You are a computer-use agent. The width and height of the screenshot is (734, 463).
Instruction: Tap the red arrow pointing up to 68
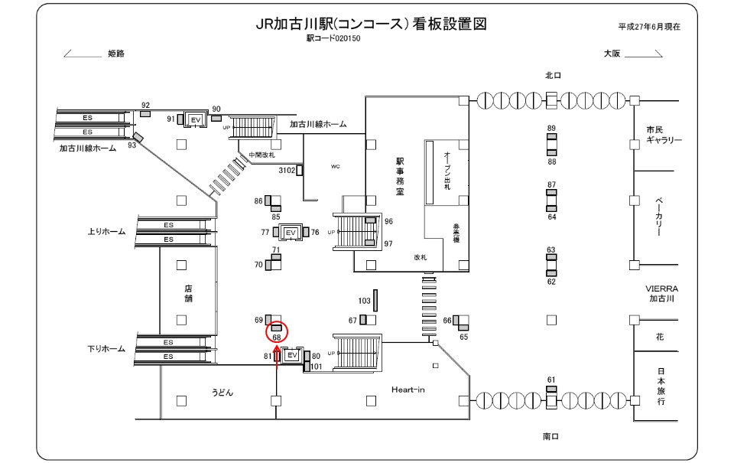click(277, 360)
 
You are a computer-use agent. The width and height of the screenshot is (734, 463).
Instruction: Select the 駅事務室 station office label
click(399, 176)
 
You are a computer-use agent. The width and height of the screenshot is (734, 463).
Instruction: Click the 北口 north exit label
click(553, 75)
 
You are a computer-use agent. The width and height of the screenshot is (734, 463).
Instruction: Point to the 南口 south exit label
click(552, 436)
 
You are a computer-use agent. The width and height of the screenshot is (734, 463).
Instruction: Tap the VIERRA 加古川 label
click(661, 293)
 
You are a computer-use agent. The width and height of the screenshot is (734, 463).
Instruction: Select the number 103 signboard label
click(364, 302)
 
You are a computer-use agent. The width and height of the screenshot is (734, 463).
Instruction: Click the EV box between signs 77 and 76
click(290, 232)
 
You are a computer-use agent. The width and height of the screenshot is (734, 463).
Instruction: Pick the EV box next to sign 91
click(195, 120)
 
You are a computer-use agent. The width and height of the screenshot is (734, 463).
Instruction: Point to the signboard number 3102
click(287, 170)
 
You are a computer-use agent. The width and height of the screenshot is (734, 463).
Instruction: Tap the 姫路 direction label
click(116, 54)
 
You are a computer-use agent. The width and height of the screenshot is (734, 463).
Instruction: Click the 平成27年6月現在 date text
click(649, 26)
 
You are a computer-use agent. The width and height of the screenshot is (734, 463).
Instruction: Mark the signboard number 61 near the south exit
click(550, 380)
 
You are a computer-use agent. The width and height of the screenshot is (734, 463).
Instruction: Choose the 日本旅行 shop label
click(660, 386)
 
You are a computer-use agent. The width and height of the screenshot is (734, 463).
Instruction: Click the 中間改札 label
click(261, 155)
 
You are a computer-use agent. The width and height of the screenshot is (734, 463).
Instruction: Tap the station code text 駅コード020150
click(333, 37)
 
